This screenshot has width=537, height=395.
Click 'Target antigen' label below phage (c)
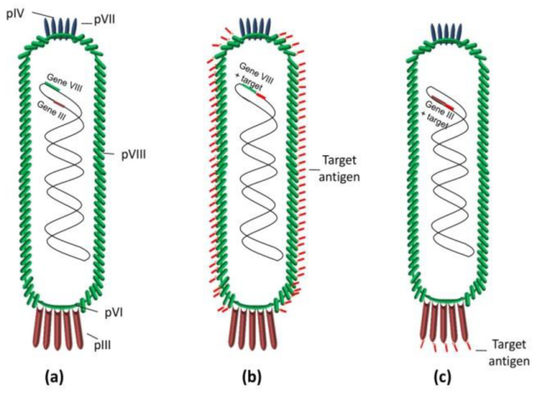tap(508, 353)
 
